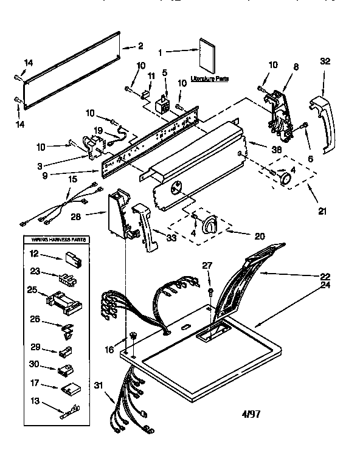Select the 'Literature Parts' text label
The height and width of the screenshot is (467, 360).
click(210, 79)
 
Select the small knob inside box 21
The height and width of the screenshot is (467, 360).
click(284, 177)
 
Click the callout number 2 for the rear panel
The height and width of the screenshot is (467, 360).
click(140, 46)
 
